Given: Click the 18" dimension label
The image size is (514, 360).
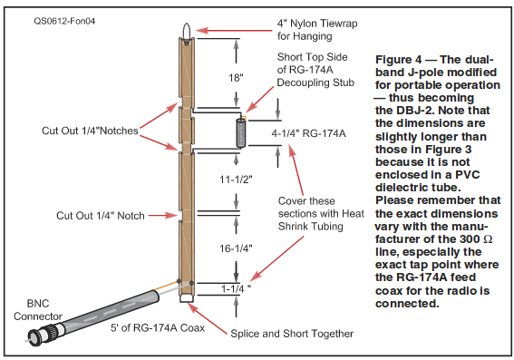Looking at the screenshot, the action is [236, 78].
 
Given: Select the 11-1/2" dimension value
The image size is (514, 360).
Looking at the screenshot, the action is [236, 180].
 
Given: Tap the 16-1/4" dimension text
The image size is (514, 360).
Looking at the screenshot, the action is [236, 248].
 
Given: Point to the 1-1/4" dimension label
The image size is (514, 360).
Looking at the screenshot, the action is [236, 288].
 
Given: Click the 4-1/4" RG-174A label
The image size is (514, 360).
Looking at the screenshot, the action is [308, 133].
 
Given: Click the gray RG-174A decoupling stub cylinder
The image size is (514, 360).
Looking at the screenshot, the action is [241, 133].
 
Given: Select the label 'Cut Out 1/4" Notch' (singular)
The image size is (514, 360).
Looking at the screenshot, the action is [101, 216].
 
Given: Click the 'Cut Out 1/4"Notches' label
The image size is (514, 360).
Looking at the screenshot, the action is [90, 131].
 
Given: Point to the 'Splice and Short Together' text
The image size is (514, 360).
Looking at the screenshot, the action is [292, 334].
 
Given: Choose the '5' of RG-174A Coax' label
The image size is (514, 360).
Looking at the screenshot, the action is [158, 327].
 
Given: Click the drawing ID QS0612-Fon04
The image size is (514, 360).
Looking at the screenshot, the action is [64, 21].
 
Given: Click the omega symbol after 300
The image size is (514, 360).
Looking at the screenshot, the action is [488, 239].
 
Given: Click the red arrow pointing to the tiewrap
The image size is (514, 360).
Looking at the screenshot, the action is [234, 31].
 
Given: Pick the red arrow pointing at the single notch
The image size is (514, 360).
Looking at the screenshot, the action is [163, 216].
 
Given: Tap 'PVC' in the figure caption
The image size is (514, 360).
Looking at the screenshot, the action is [468, 174].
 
